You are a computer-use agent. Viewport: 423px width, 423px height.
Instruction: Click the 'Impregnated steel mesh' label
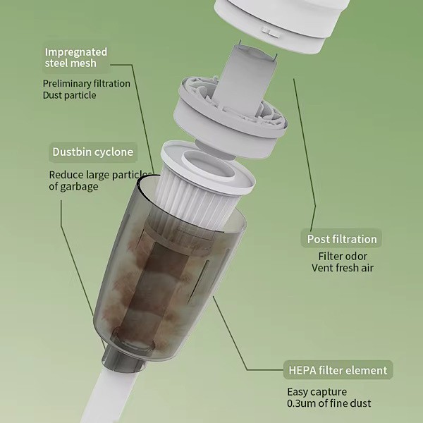click(76, 58)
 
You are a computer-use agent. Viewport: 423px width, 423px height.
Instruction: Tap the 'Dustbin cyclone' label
click(93, 152)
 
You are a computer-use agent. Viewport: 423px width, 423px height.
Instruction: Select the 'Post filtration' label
click(341, 239)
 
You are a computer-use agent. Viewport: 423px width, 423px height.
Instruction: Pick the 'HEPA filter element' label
click(338, 370)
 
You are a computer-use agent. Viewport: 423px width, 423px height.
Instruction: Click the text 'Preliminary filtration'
click(86, 84)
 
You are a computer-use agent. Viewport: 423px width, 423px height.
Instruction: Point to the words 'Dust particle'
click(69, 95)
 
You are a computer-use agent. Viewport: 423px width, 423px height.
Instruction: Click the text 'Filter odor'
click(343, 257)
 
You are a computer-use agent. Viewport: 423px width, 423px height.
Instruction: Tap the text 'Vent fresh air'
click(343, 268)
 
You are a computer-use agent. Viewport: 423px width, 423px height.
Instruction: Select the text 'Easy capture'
click(317, 392)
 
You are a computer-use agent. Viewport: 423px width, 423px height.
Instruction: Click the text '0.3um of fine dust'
click(329, 403)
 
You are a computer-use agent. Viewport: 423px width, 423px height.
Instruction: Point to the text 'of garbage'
click(73, 187)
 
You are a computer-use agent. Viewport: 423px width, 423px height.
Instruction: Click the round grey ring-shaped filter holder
click(229, 118)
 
